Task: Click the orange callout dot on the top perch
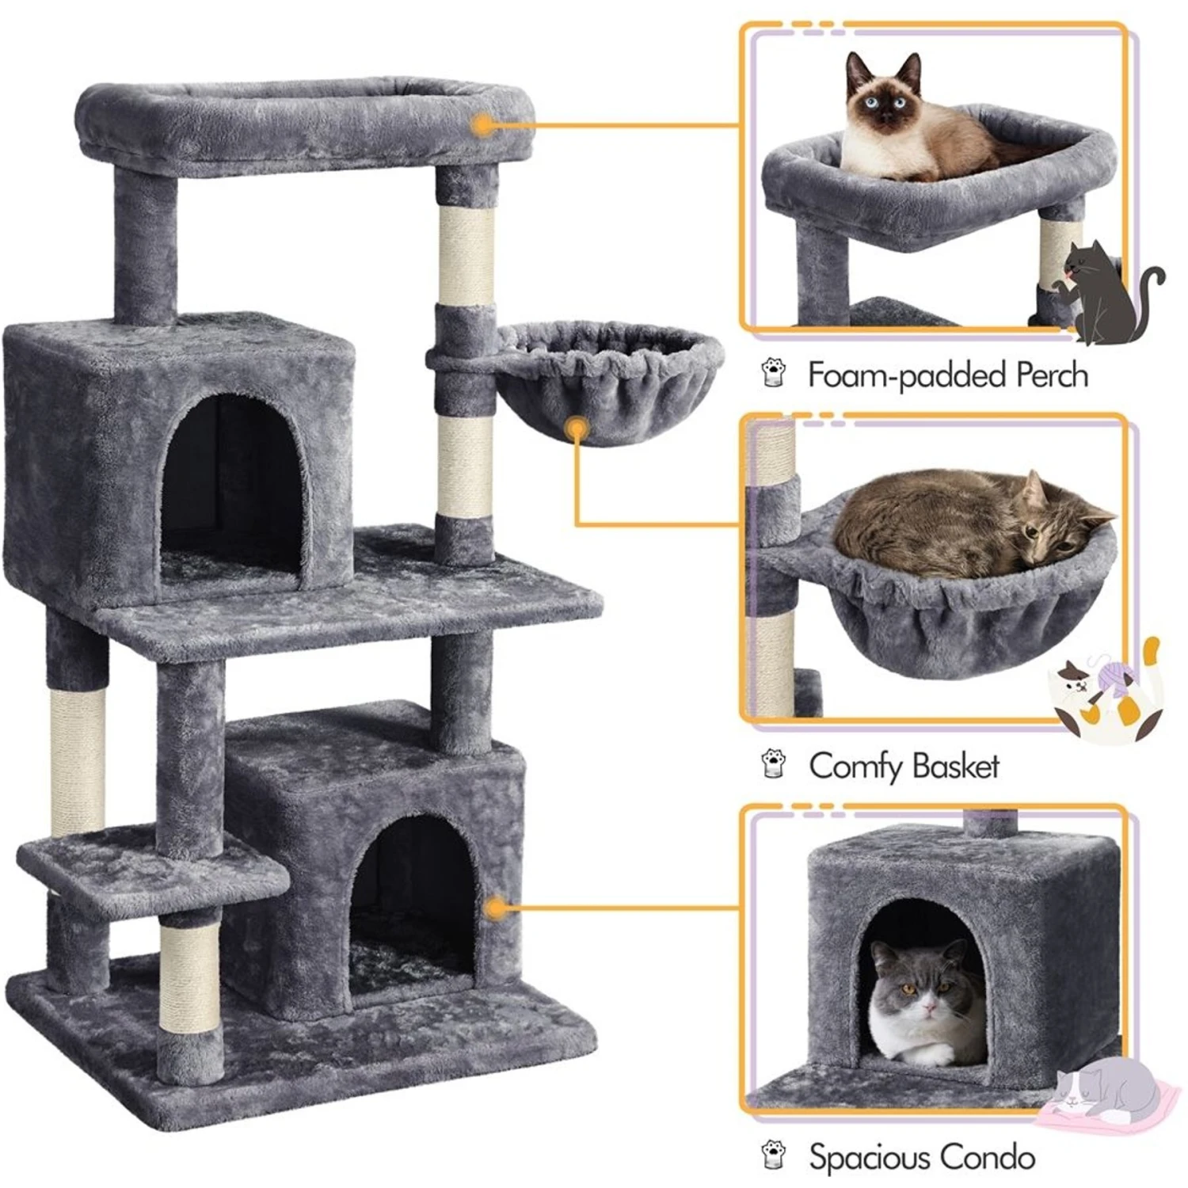pos(481,125)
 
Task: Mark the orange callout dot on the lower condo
pos(497,908)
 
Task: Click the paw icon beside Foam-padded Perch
pos(774,373)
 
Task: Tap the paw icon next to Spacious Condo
pos(774,1156)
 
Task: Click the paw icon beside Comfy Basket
pos(774,764)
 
